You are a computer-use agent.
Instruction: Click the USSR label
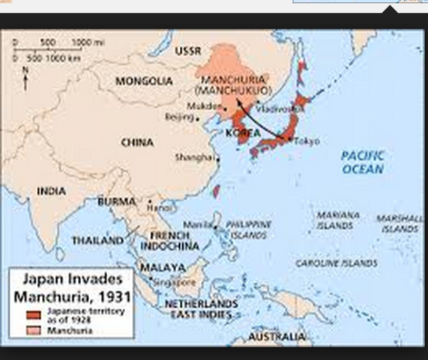tap(188, 51)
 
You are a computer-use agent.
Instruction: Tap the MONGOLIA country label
tap(145, 80)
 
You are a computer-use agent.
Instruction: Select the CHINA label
tap(137, 142)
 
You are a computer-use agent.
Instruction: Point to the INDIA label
tap(51, 190)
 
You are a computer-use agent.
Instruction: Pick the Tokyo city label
tap(307, 141)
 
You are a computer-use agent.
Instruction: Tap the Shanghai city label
tap(188, 157)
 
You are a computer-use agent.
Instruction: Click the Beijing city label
tap(178, 116)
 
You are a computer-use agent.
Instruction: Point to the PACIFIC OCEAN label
tap(362, 162)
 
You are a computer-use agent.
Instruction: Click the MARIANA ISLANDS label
tap(337, 219)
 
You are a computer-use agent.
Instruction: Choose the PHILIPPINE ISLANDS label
tap(249, 229)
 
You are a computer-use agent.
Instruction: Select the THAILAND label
tap(97, 241)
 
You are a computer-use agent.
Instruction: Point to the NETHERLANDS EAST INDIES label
tap(201, 309)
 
